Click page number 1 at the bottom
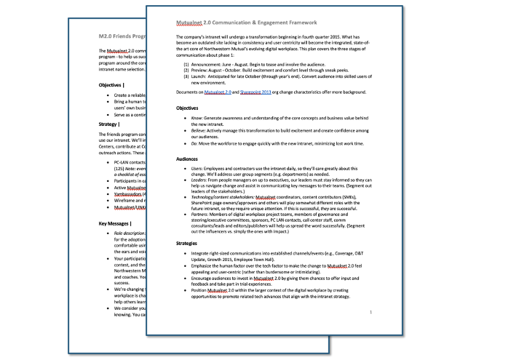pos(371,313)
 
